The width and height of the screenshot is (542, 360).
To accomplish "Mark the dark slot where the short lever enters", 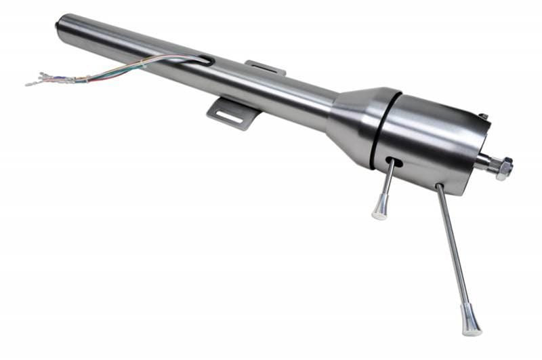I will pos(394,162).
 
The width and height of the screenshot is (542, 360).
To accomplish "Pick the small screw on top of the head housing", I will pos(483,117).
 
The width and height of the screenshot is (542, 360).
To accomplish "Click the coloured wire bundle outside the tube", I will pos(115,72).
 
